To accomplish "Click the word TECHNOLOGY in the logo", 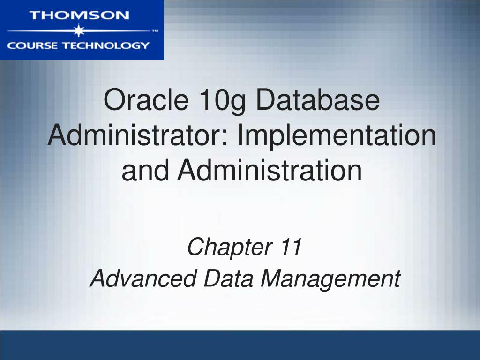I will click(104, 45).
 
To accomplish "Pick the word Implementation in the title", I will click(337, 136).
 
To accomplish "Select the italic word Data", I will click(228, 278).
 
